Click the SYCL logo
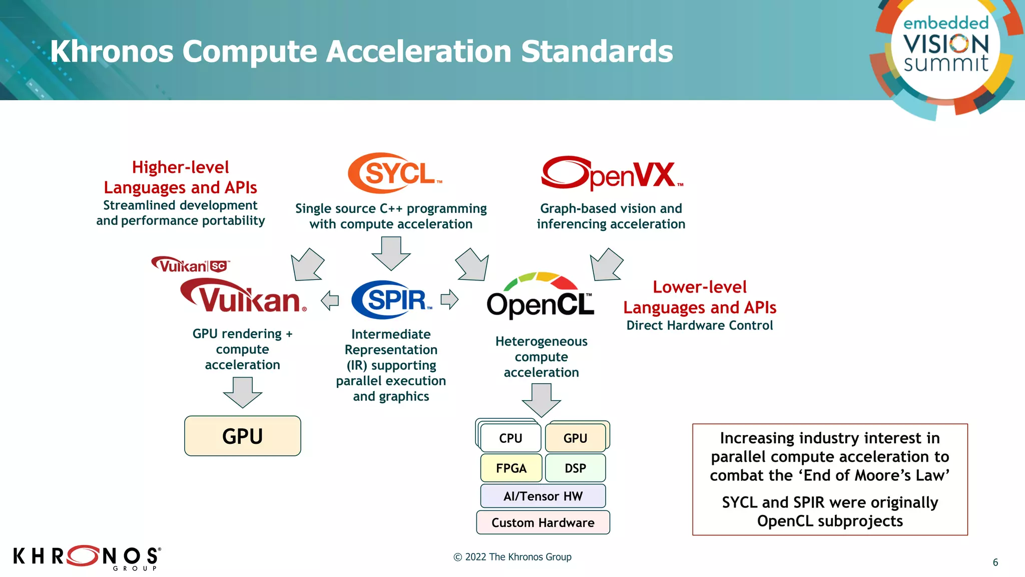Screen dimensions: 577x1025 (394, 173)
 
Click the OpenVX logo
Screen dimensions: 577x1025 (612, 173)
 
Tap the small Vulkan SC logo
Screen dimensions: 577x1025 (190, 264)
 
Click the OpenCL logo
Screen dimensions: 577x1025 (541, 299)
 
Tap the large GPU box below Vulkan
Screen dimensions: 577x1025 (242, 436)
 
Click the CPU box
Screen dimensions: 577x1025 (510, 438)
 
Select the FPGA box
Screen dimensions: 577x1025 (511, 468)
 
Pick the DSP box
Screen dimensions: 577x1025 (575, 468)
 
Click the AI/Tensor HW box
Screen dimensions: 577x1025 (543, 496)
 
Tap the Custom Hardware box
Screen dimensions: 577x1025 (543, 522)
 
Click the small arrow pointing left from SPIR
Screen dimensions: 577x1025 (330, 301)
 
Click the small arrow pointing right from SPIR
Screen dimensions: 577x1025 (449, 300)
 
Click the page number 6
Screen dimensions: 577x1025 (995, 562)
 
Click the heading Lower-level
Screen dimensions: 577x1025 (699, 287)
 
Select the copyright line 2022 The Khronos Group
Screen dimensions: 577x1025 (512, 557)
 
